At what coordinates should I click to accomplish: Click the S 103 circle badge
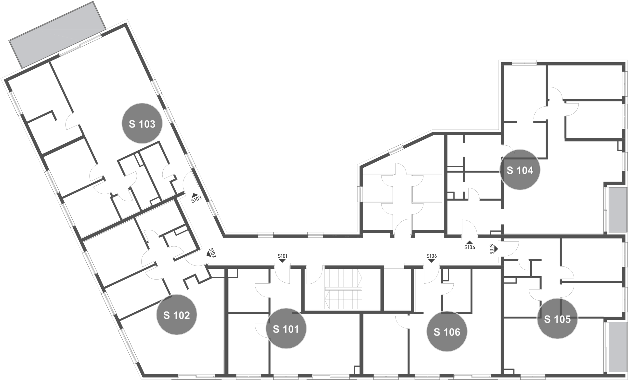pyautogui.click(x=142, y=123)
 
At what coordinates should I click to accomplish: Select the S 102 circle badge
pyautogui.click(x=177, y=315)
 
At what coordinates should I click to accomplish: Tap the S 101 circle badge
pyautogui.click(x=286, y=329)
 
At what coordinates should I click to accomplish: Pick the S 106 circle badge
pyautogui.click(x=447, y=331)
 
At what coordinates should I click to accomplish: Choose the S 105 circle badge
pyautogui.click(x=557, y=319)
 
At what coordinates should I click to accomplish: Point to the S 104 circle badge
pyautogui.click(x=520, y=170)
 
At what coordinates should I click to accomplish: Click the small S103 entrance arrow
pyautogui.click(x=195, y=195)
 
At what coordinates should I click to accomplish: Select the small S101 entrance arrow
pyautogui.click(x=282, y=261)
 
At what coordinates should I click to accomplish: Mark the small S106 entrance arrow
pyautogui.click(x=431, y=261)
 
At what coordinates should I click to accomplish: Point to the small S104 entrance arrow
pyautogui.click(x=470, y=242)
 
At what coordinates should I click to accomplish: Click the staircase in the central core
pyautogui.click(x=343, y=289)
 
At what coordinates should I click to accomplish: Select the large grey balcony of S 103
pyautogui.click(x=57, y=35)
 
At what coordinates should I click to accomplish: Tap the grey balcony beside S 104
pyautogui.click(x=618, y=210)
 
